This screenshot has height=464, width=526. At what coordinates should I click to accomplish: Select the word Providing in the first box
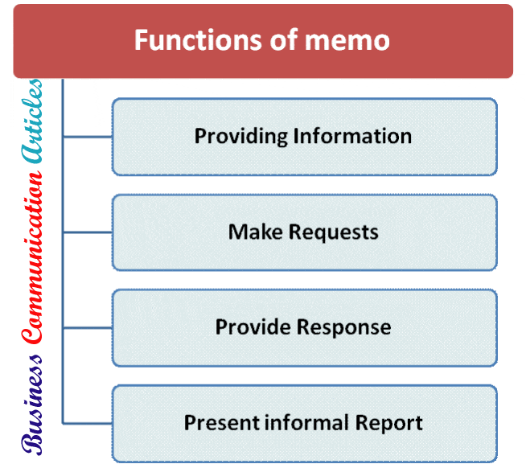pyautogui.click(x=240, y=136)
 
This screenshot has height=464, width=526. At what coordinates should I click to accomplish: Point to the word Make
pyautogui.click(x=252, y=232)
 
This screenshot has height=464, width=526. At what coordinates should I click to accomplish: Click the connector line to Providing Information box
pyautogui.click(x=87, y=137)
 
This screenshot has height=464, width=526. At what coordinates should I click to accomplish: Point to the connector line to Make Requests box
pyautogui.click(x=87, y=233)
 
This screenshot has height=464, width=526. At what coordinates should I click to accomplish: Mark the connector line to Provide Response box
pyautogui.click(x=87, y=328)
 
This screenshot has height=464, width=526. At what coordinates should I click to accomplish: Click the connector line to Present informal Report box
pyautogui.click(x=87, y=423)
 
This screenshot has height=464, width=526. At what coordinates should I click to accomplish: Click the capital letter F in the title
pyautogui.click(x=142, y=40)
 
